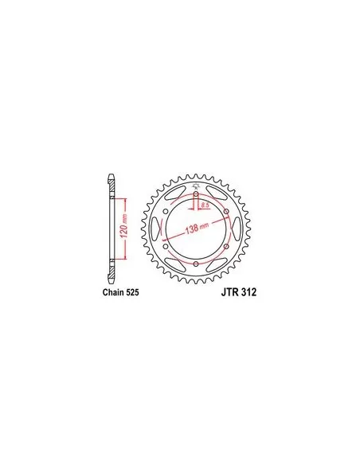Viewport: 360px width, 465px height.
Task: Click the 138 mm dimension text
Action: coord(197,228)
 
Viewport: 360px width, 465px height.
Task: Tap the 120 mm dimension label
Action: coord(124,226)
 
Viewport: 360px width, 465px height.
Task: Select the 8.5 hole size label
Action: coord(205,205)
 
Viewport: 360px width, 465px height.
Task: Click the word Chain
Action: coord(114,292)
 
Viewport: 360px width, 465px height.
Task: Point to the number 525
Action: coord(132,292)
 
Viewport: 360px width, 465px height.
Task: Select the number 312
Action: coord(248,292)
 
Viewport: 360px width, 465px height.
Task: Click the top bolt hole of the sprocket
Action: coord(196,193)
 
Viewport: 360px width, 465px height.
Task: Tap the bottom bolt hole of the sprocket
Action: coord(196,264)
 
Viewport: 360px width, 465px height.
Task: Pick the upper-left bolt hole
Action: coord(166,211)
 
